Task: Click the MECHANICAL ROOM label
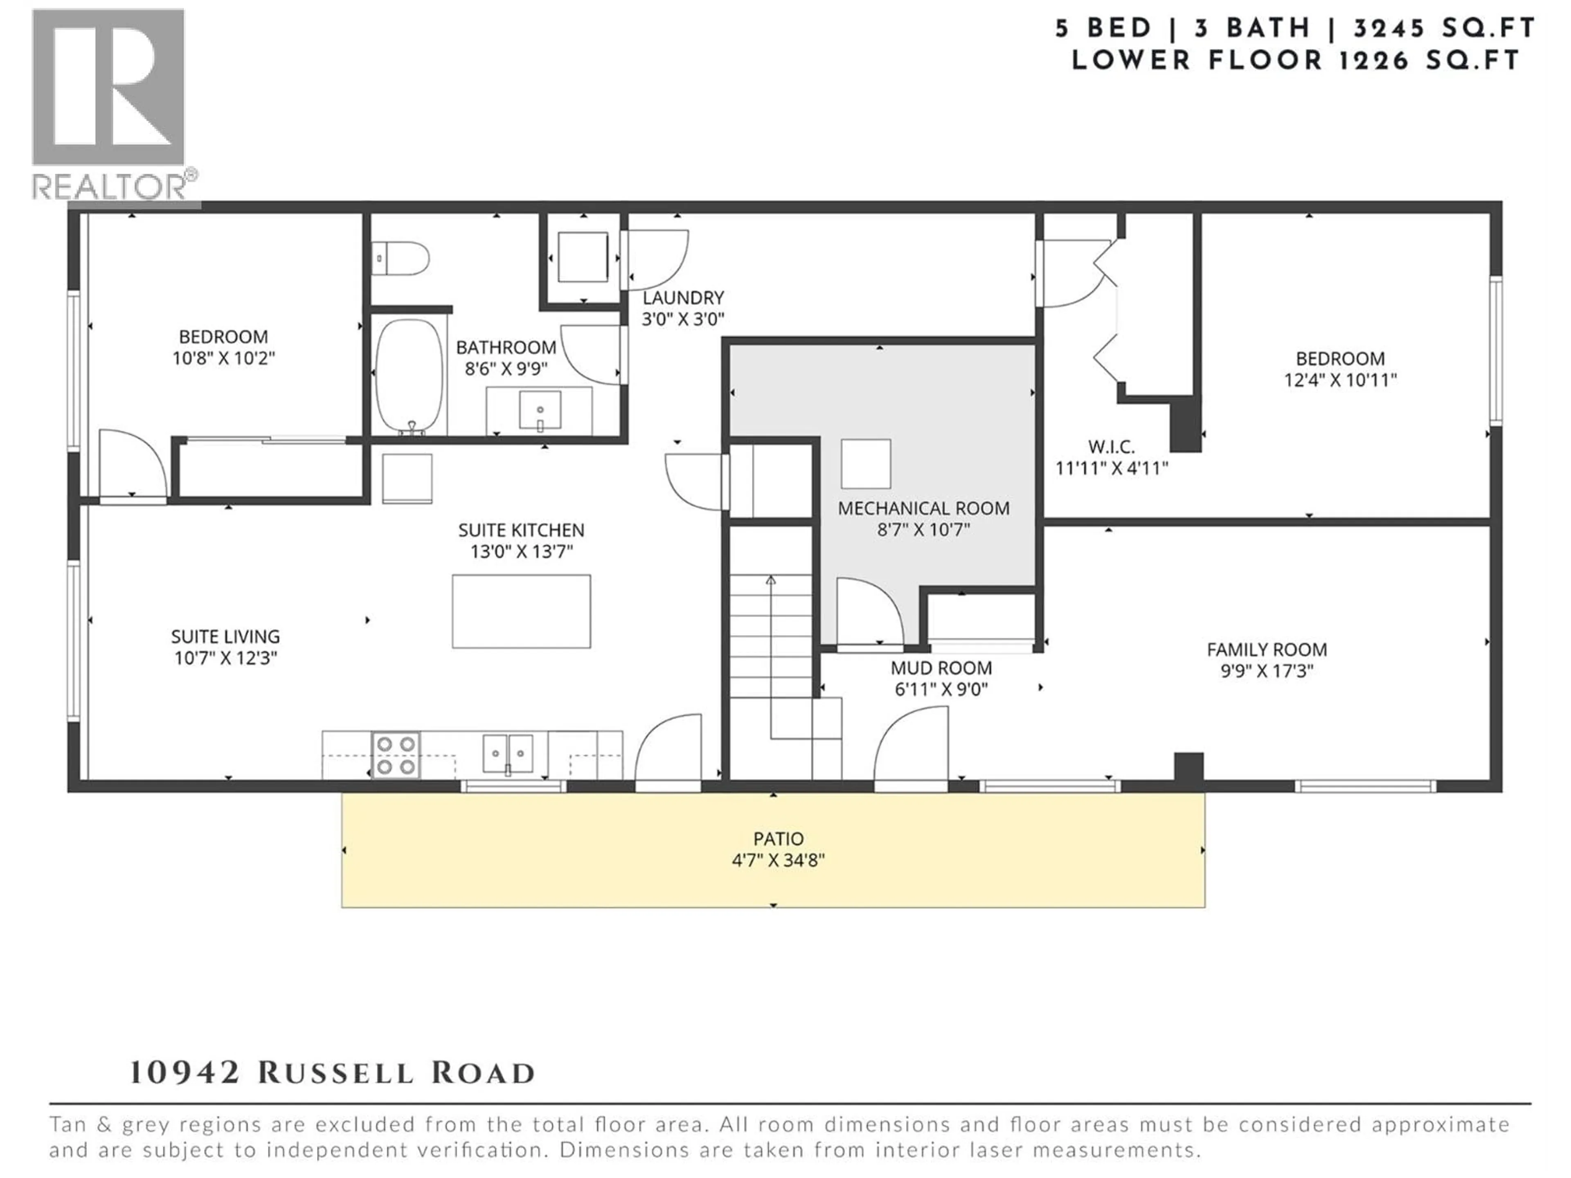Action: [923, 508]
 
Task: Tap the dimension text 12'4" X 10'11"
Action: [1340, 380]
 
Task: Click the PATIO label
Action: [779, 839]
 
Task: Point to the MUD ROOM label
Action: [941, 668]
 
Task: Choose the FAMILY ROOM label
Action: [1267, 650]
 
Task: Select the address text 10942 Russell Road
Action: [332, 1073]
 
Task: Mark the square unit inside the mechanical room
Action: [866, 464]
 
